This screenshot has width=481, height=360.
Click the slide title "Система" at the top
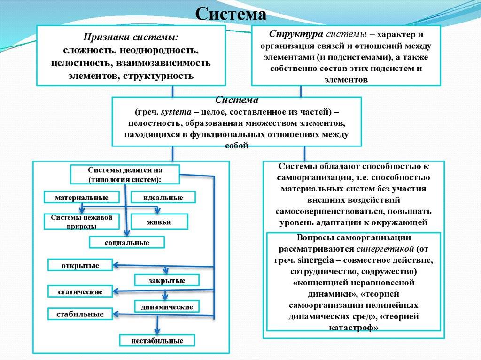point(231,14)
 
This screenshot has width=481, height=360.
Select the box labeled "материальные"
point(82,198)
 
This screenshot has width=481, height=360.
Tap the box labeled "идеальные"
point(163,198)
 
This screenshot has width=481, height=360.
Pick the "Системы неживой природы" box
point(82,222)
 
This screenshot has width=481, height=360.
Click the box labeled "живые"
point(159,222)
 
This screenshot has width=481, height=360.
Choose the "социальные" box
point(127,242)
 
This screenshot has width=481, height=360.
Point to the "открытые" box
point(80,265)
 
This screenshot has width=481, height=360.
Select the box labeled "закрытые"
point(167,280)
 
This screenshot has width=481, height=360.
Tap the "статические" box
point(80,291)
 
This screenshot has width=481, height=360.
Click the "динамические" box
point(167,306)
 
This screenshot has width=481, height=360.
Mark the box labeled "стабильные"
point(80,314)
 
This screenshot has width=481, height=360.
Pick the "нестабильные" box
point(157,340)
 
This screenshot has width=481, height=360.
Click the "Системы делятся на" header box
point(125,175)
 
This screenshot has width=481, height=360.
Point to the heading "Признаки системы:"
point(131,37)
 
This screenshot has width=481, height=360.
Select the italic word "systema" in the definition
point(176,112)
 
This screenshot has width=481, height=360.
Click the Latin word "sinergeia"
point(316,260)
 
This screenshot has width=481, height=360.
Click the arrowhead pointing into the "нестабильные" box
point(157,331)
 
